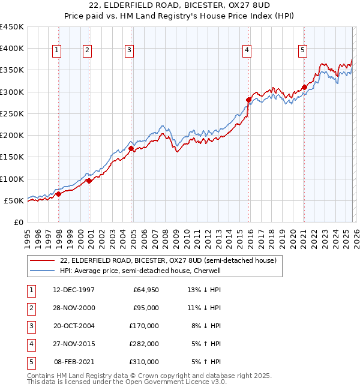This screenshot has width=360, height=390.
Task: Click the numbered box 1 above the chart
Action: tap(56, 51)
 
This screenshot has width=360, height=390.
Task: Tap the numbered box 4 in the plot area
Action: tap(247, 51)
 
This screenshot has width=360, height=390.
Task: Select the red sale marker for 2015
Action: tap(248, 100)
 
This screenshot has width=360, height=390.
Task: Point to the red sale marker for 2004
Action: tap(131, 148)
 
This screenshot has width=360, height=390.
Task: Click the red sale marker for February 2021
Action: tap(304, 87)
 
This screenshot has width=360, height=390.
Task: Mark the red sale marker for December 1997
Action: tap(59, 194)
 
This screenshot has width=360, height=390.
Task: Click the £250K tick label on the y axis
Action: tap(12, 113)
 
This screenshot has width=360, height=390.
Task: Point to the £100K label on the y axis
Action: tap(12, 179)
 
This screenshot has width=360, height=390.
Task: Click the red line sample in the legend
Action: tap(43, 261)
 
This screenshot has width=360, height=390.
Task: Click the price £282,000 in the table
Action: tap(144, 344)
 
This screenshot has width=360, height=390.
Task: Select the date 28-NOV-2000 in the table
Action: tap(74, 308)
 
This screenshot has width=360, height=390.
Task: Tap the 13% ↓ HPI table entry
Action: tap(204, 290)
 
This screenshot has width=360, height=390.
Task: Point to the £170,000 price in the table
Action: tap(144, 326)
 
